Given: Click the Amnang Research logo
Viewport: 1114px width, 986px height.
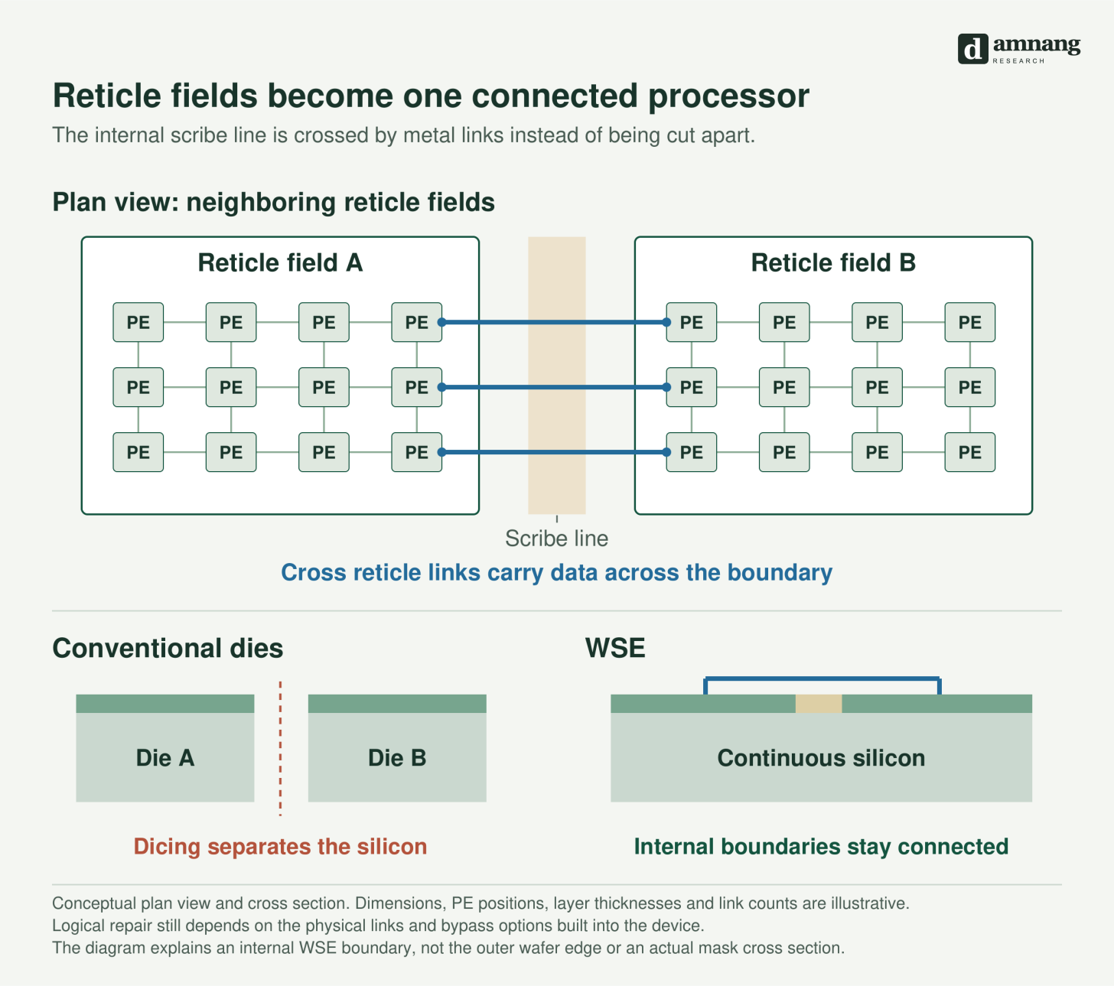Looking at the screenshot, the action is point(1019,49).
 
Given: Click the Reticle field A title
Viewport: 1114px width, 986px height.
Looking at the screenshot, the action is point(281,262).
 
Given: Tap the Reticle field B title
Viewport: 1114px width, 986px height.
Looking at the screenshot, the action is point(833,262).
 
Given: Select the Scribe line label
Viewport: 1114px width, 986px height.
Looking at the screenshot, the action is point(556,539).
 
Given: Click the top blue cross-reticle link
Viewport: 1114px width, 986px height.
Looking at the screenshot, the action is point(554,322).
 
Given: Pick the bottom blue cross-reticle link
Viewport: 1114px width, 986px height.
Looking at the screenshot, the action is point(554,452).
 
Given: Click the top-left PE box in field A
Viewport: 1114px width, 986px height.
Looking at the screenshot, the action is point(138,322).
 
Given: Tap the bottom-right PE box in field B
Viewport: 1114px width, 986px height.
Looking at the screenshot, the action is point(970,452).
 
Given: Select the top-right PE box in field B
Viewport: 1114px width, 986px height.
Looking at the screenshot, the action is point(970,322).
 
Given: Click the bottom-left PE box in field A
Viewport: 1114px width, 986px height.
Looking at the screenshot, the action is point(138,452).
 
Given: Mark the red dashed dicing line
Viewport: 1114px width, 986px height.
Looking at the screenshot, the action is point(281,748).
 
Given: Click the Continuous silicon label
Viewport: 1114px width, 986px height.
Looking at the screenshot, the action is point(821,758).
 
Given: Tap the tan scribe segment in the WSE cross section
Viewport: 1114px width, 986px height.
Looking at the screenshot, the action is point(819,704).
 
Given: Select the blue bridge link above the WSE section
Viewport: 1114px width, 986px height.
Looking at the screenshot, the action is point(822,678).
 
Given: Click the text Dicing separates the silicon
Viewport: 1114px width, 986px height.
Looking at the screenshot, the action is point(281,846).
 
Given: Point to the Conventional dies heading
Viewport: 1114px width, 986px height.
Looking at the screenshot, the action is point(168,649).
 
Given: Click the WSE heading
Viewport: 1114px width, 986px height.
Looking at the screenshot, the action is point(615,648).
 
